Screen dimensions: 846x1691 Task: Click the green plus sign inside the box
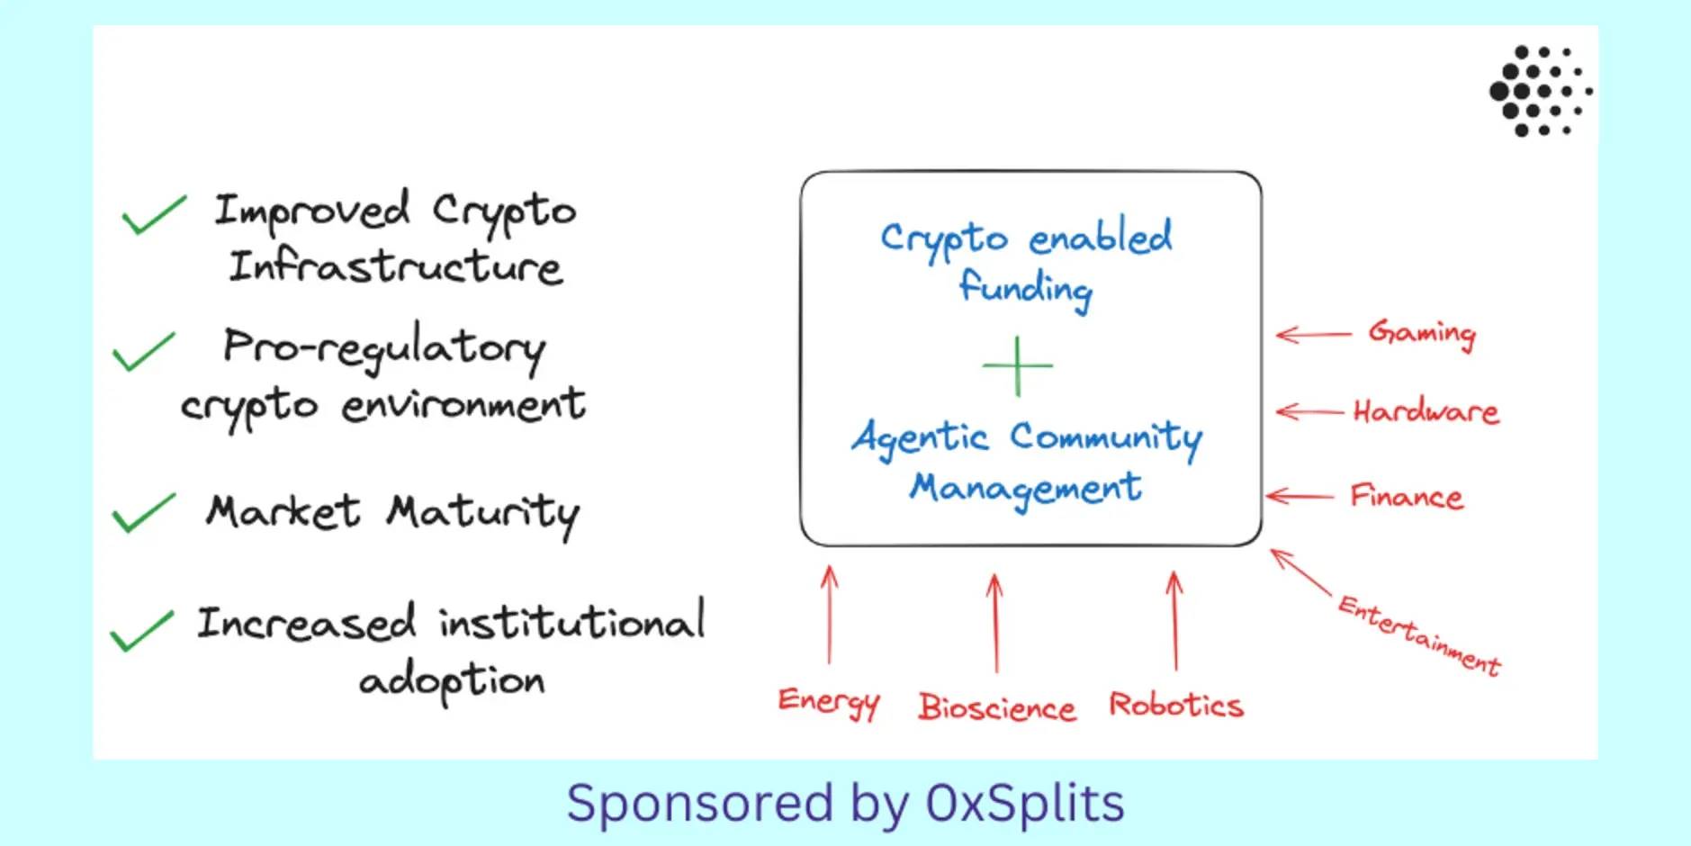[1017, 366]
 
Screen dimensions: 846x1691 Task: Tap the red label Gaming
[1422, 334]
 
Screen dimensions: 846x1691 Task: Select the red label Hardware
[1426, 412]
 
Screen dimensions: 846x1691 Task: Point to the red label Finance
[1407, 497]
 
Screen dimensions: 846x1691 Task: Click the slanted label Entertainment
[1419, 635]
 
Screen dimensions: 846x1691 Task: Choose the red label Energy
[828, 702]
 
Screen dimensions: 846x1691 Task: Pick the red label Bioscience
[996, 707]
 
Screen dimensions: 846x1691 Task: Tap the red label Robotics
[1176, 705]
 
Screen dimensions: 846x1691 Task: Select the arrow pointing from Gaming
[1314, 335]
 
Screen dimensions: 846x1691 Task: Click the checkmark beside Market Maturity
[143, 513]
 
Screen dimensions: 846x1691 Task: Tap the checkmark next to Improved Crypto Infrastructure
[154, 215]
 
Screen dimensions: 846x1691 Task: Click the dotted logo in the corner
[1540, 91]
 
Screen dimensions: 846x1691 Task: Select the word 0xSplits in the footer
[1025, 803]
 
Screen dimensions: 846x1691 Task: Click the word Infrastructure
[396, 267]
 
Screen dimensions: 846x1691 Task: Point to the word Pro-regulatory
[384, 349]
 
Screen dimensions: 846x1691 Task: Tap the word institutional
[572, 622]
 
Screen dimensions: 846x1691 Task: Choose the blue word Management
[1025, 489]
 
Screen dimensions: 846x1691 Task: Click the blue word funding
[1025, 288]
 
